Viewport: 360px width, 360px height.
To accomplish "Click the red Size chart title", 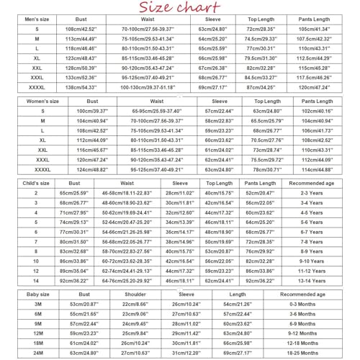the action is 179,9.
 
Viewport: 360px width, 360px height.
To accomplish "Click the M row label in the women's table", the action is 43,122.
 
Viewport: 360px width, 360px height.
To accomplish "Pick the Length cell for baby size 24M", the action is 237,354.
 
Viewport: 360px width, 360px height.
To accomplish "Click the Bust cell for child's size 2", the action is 73,194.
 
